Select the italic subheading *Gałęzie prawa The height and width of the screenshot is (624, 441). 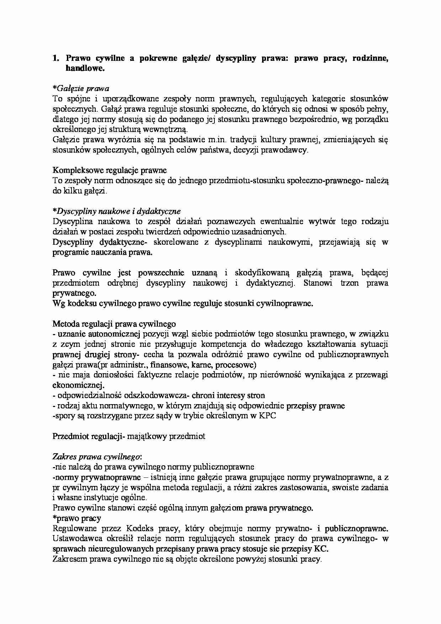81,88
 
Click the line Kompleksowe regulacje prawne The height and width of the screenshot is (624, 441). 110,170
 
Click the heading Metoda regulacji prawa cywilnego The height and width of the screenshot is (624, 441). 114,324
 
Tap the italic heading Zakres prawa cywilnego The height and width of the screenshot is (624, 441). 97,457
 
